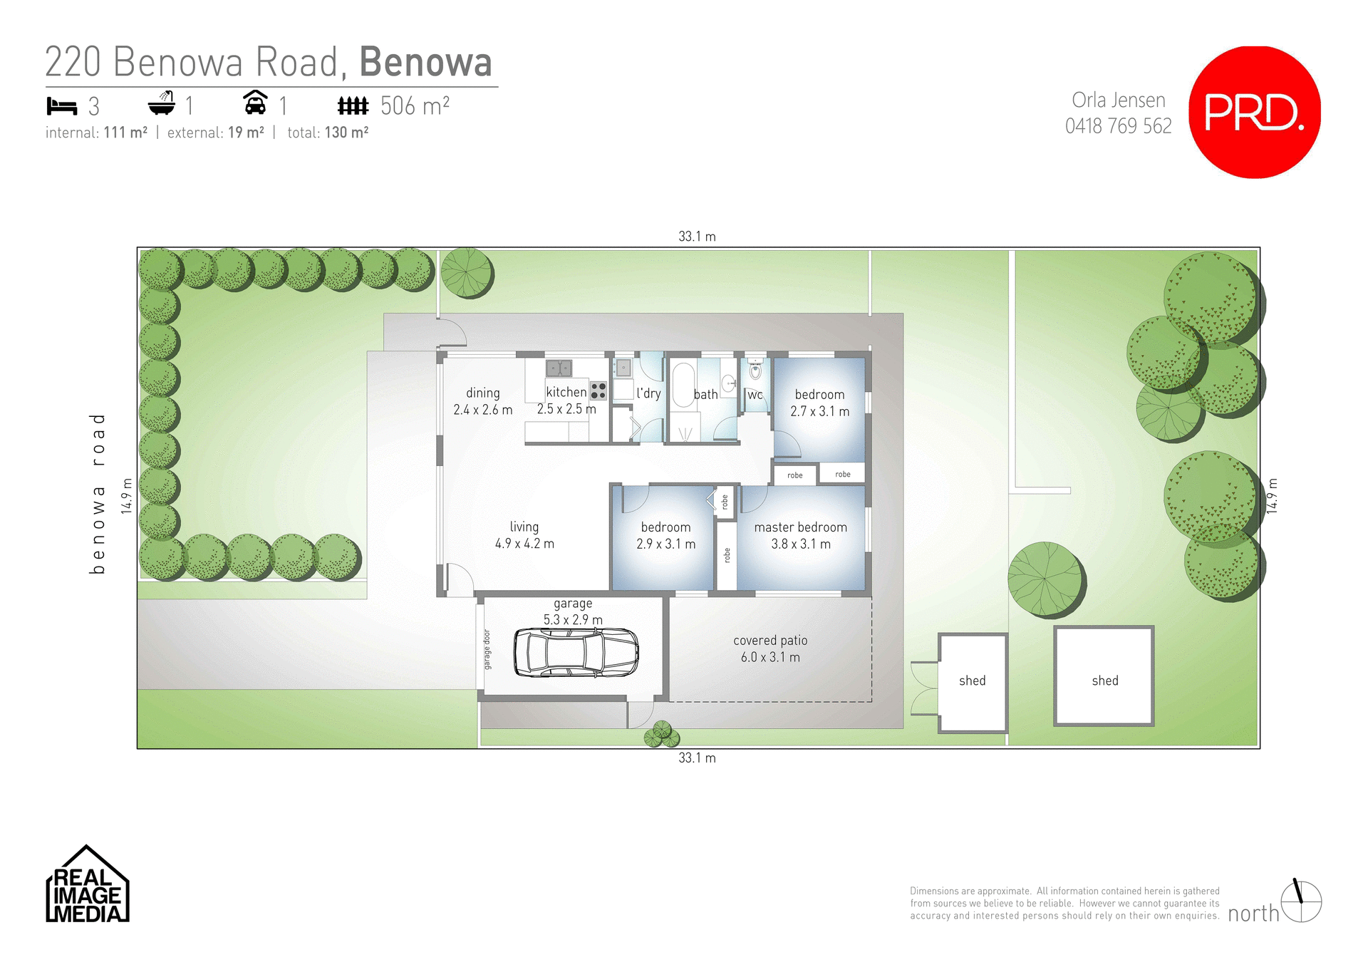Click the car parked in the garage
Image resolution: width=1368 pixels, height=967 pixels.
click(x=576, y=652)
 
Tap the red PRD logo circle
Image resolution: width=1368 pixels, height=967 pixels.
click(x=1254, y=113)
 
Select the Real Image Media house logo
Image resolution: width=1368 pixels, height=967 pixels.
click(x=87, y=885)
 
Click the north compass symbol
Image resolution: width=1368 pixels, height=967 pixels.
click(x=1301, y=901)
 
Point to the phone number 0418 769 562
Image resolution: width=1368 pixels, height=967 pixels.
click(x=1118, y=126)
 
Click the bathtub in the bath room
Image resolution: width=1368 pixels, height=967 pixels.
click(x=683, y=385)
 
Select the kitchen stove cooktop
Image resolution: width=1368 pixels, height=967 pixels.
click(x=598, y=391)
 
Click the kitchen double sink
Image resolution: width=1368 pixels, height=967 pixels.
click(x=559, y=368)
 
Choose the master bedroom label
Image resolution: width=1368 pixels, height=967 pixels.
click(x=801, y=527)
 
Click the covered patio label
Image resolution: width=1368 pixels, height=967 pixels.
click(x=770, y=641)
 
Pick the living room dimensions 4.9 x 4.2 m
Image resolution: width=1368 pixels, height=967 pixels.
click(x=524, y=544)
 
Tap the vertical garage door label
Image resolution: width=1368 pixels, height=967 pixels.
click(x=487, y=649)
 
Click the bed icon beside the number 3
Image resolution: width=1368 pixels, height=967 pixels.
click(x=61, y=106)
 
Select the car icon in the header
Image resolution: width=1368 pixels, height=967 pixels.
click(x=255, y=103)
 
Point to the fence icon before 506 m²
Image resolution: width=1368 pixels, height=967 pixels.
click(x=353, y=106)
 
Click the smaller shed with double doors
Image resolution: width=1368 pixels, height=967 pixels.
click(x=972, y=682)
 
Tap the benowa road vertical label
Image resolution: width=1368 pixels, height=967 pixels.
click(x=98, y=493)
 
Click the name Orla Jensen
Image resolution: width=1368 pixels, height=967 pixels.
click(x=1119, y=100)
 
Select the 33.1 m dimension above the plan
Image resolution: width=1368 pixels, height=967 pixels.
click(x=697, y=237)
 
